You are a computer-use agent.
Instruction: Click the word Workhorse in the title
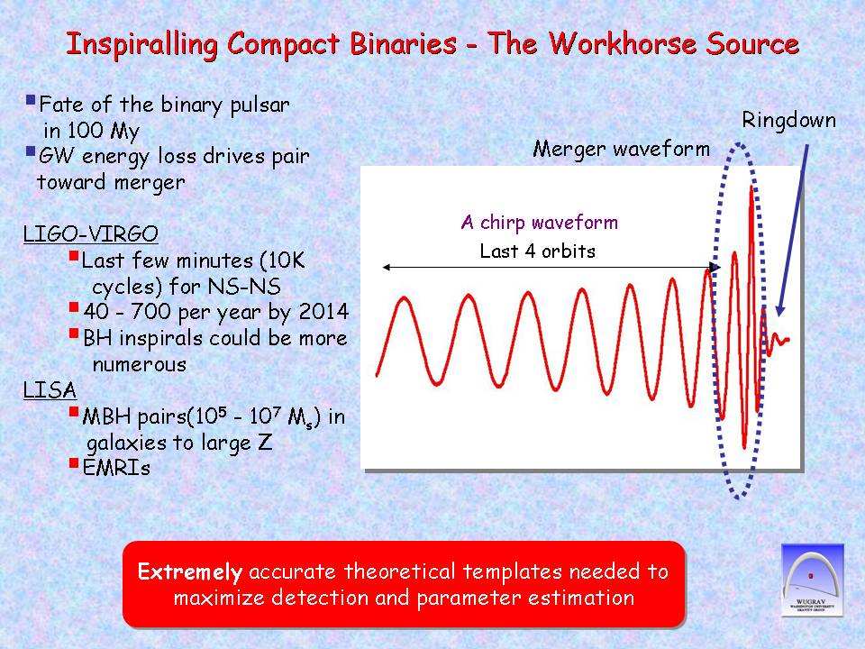(623, 43)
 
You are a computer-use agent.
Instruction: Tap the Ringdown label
(789, 120)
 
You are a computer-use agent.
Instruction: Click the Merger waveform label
(621, 149)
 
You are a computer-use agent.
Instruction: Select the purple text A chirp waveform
(540, 223)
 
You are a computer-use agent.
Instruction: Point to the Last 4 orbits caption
(538, 251)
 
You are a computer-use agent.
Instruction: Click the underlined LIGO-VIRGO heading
(90, 233)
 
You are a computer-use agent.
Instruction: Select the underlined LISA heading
(50, 389)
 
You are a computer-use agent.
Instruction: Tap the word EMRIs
(116, 468)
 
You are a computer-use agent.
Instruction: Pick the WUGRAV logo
(813, 580)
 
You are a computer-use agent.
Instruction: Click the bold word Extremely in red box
(190, 571)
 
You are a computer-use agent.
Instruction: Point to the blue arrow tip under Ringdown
(778, 315)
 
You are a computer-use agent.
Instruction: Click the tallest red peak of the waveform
(751, 188)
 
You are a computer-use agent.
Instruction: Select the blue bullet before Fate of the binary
(31, 100)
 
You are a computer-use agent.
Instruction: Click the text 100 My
(103, 131)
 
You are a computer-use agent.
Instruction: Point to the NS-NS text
(244, 287)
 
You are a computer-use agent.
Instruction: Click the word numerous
(140, 364)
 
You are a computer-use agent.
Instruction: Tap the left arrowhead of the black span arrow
(387, 267)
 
